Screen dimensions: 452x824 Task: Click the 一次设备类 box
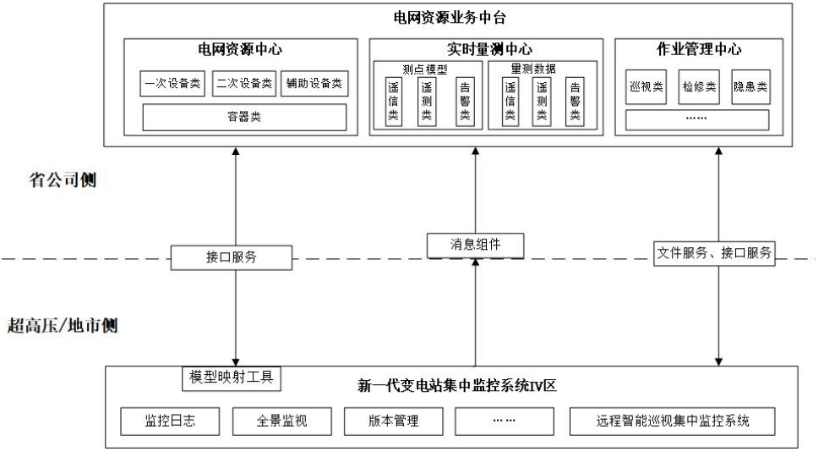click(172, 84)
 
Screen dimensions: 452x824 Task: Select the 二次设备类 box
click(243, 84)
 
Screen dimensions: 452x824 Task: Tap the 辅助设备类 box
click(314, 84)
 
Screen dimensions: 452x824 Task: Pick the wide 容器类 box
click(243, 118)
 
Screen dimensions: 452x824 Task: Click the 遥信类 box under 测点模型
click(393, 102)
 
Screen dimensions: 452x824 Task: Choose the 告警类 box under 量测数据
click(575, 102)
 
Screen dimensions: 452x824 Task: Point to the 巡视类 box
click(647, 86)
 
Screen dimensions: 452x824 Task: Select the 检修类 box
click(698, 86)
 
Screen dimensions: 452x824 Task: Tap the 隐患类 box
click(750, 86)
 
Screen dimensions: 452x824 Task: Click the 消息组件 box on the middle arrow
click(476, 245)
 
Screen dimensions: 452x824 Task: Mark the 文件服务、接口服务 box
click(715, 252)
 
